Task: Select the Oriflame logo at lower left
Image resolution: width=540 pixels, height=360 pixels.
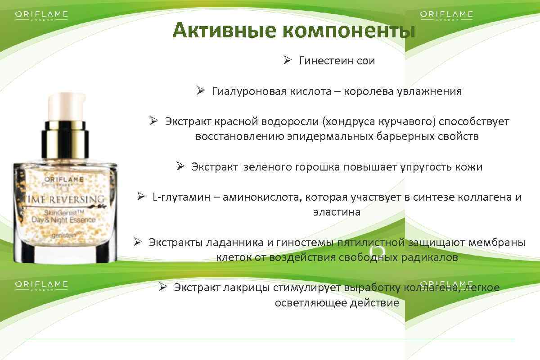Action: click(41, 285)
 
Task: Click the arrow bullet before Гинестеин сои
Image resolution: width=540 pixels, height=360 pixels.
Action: click(288, 60)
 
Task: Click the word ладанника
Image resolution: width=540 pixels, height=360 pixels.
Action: click(234, 243)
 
